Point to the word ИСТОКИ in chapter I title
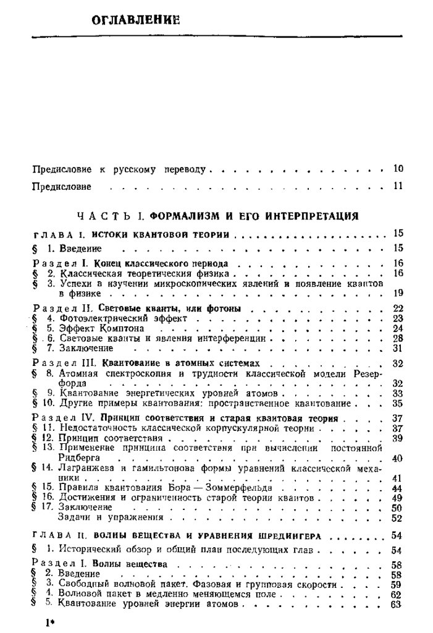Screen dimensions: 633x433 (x=112, y=235)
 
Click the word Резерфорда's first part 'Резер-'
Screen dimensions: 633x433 (x=364, y=373)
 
